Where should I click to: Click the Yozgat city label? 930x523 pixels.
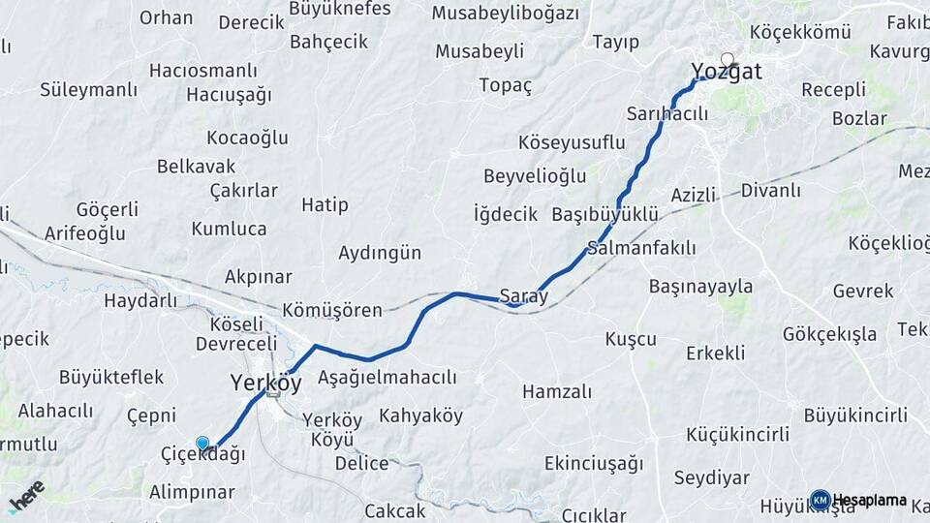point(727,72)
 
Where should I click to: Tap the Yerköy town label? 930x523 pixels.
point(266,383)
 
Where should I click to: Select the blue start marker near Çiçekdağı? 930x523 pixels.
point(202,445)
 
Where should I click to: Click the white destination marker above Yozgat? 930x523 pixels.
point(728,59)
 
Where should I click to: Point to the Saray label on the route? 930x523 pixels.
point(523,296)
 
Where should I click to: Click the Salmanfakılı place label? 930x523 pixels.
point(641,248)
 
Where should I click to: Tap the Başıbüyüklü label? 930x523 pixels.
point(604,214)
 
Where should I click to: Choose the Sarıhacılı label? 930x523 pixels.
point(669,112)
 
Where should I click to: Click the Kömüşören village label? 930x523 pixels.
point(332,311)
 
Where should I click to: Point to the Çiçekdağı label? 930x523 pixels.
point(202,454)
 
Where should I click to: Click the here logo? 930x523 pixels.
point(26,496)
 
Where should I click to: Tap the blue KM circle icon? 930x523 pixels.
point(820,501)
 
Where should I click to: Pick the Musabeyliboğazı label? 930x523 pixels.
point(505,14)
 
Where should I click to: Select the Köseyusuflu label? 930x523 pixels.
point(572,142)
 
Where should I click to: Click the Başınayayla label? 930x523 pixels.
point(700,287)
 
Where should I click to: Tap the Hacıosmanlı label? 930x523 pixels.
point(203,71)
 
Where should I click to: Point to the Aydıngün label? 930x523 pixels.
point(380,253)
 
